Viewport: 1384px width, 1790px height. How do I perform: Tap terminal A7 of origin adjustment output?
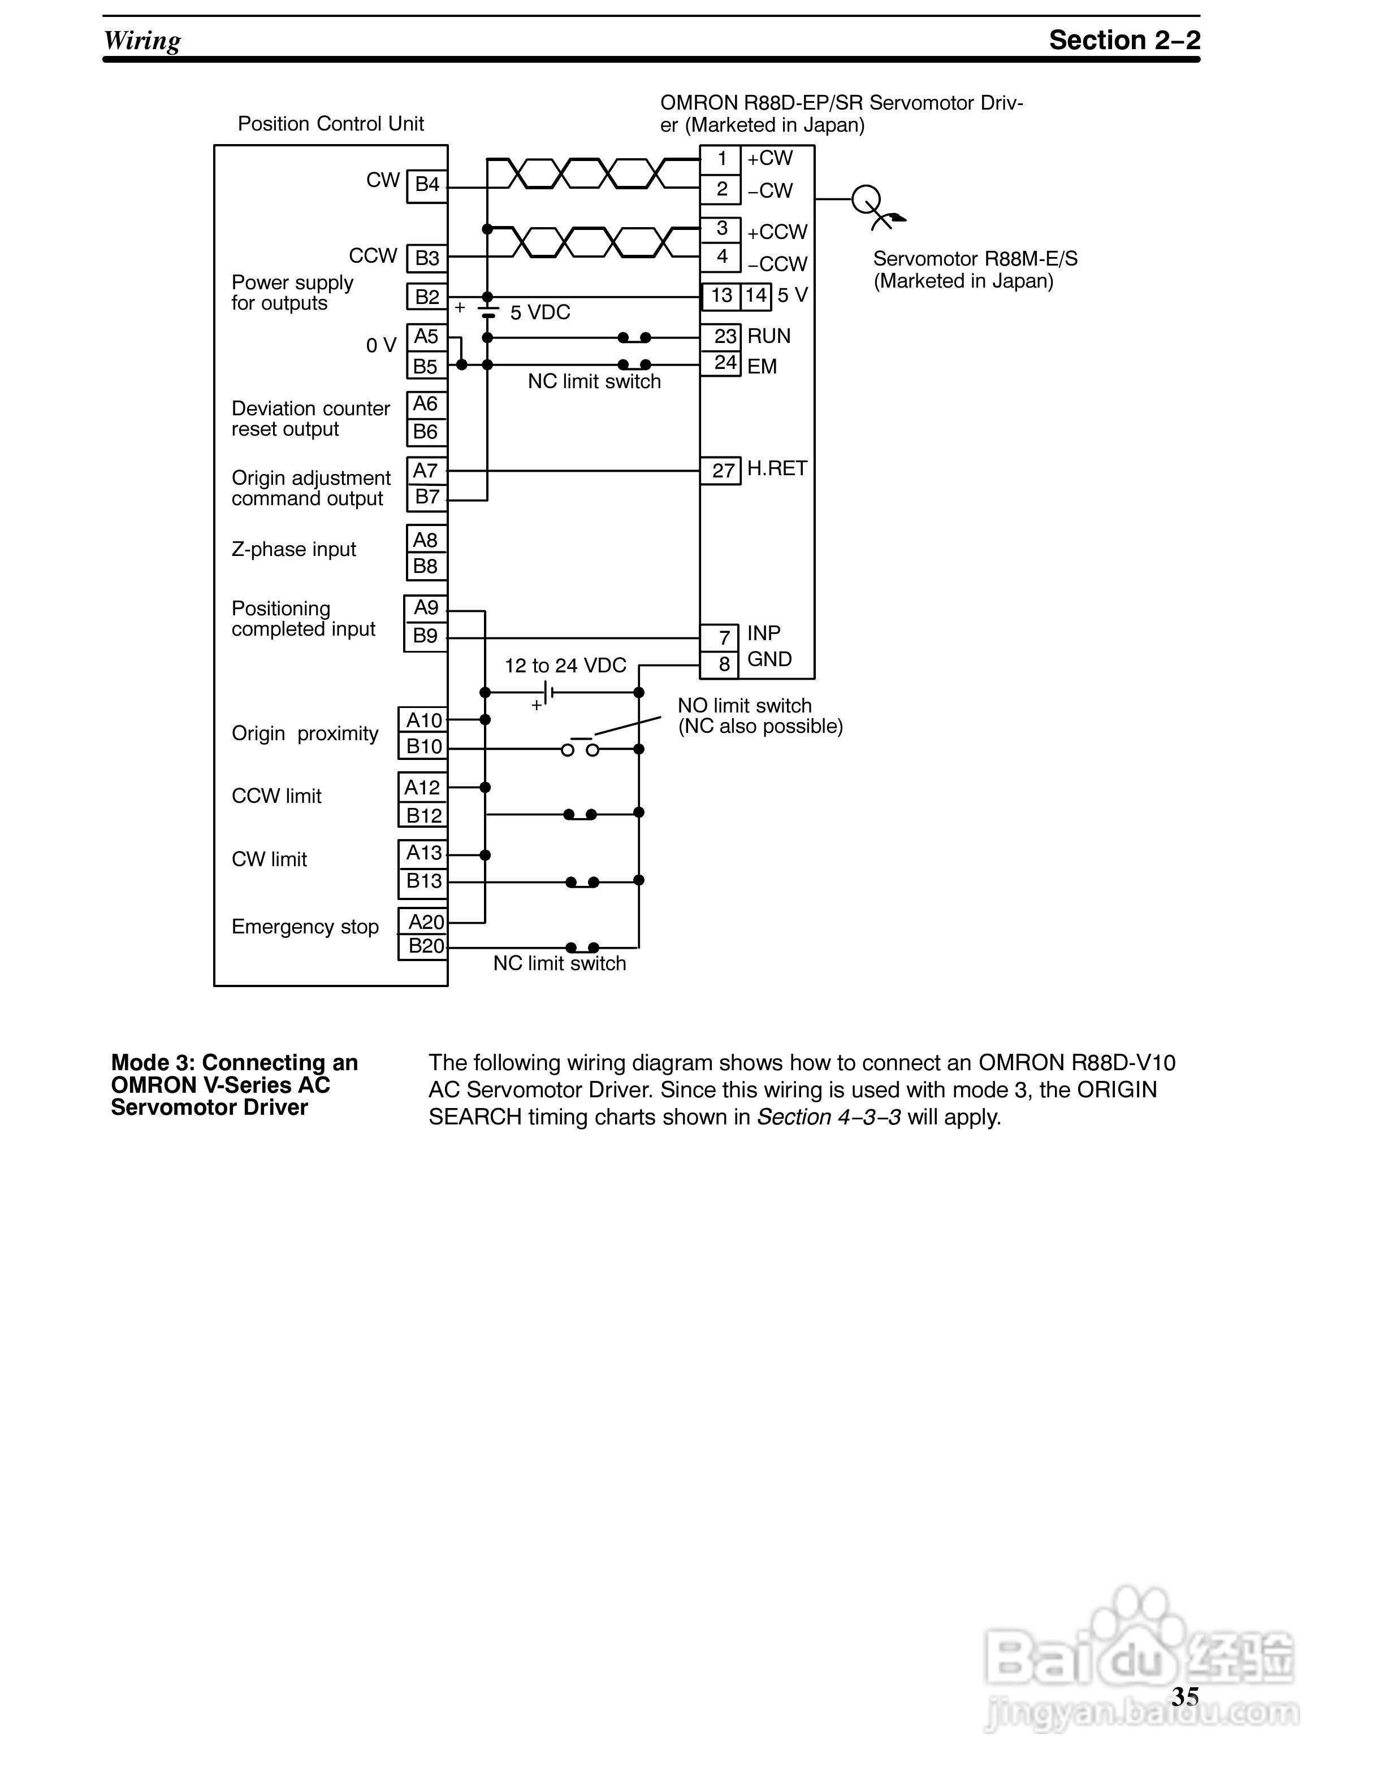pos(426,471)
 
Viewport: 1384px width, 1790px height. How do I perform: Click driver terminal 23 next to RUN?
pos(725,337)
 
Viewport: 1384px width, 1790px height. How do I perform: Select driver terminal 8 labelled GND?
pos(723,664)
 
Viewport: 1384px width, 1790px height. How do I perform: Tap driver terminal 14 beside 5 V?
pos(756,295)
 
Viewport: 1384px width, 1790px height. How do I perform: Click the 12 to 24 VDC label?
pos(565,666)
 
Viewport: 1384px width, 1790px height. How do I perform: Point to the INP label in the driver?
pos(763,633)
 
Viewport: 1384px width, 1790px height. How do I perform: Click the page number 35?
pos(1186,1697)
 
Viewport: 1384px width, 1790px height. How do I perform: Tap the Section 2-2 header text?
pos(1124,40)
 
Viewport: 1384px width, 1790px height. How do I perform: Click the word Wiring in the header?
pos(142,40)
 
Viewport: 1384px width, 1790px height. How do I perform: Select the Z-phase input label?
pos(293,549)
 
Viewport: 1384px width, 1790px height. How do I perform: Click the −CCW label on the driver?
pos(776,264)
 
